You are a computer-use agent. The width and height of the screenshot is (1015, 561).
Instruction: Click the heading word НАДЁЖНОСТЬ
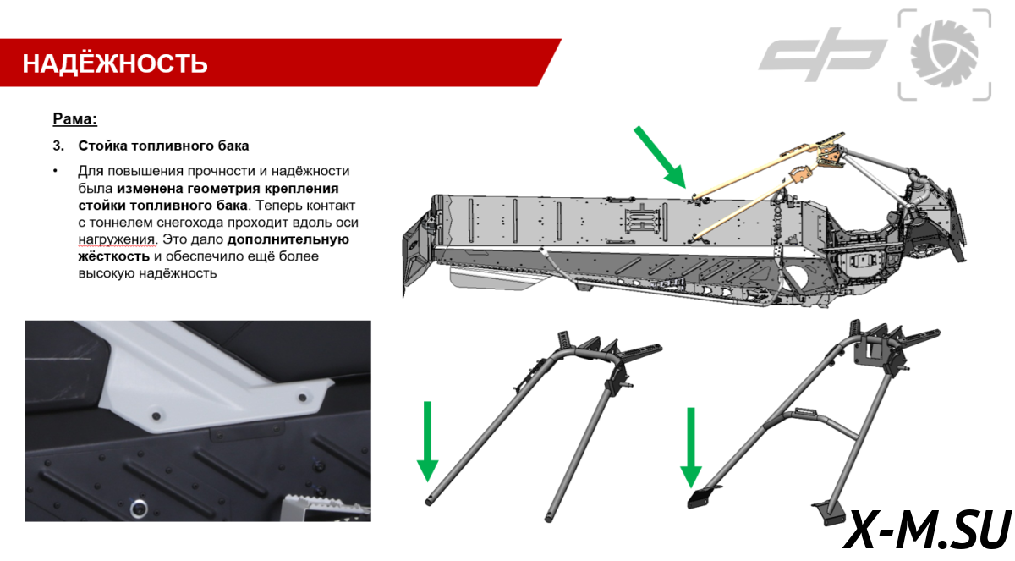click(115, 63)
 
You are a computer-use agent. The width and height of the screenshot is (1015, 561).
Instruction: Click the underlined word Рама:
click(74, 118)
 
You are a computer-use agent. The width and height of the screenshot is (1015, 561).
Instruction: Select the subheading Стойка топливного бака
click(163, 146)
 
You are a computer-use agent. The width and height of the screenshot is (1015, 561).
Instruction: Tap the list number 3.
click(58, 146)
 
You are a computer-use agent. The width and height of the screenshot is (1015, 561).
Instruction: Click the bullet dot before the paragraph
click(55, 171)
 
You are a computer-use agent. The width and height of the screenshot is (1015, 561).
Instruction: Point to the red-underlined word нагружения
click(118, 239)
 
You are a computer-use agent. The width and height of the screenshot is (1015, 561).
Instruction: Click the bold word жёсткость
click(113, 256)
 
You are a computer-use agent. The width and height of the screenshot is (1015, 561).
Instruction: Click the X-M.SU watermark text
click(927, 530)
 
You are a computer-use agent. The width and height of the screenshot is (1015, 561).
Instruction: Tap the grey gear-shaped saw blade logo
click(944, 54)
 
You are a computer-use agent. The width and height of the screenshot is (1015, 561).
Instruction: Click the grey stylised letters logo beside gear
click(822, 54)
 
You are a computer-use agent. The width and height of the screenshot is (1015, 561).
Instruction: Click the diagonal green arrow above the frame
click(660, 157)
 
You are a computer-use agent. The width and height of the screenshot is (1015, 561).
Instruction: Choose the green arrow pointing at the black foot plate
click(691, 448)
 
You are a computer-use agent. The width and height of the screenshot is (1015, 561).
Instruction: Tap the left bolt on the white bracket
click(156, 415)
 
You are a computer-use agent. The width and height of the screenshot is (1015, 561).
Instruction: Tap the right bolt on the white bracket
click(302, 398)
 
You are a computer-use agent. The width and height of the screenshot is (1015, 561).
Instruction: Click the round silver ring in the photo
click(139, 509)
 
